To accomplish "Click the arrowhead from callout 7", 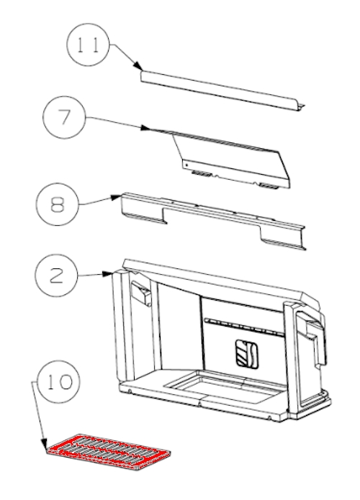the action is [145, 128].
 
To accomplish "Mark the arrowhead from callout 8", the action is [117, 197].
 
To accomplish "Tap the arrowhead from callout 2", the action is [107, 274].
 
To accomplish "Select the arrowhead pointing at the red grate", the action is [44, 444].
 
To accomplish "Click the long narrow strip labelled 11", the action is [222, 91].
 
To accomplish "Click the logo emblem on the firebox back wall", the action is [247, 353].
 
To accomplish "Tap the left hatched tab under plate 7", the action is [202, 174].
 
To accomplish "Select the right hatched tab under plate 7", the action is [269, 186].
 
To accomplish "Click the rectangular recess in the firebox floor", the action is [222, 386].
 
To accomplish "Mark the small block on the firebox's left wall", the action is [141, 293].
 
